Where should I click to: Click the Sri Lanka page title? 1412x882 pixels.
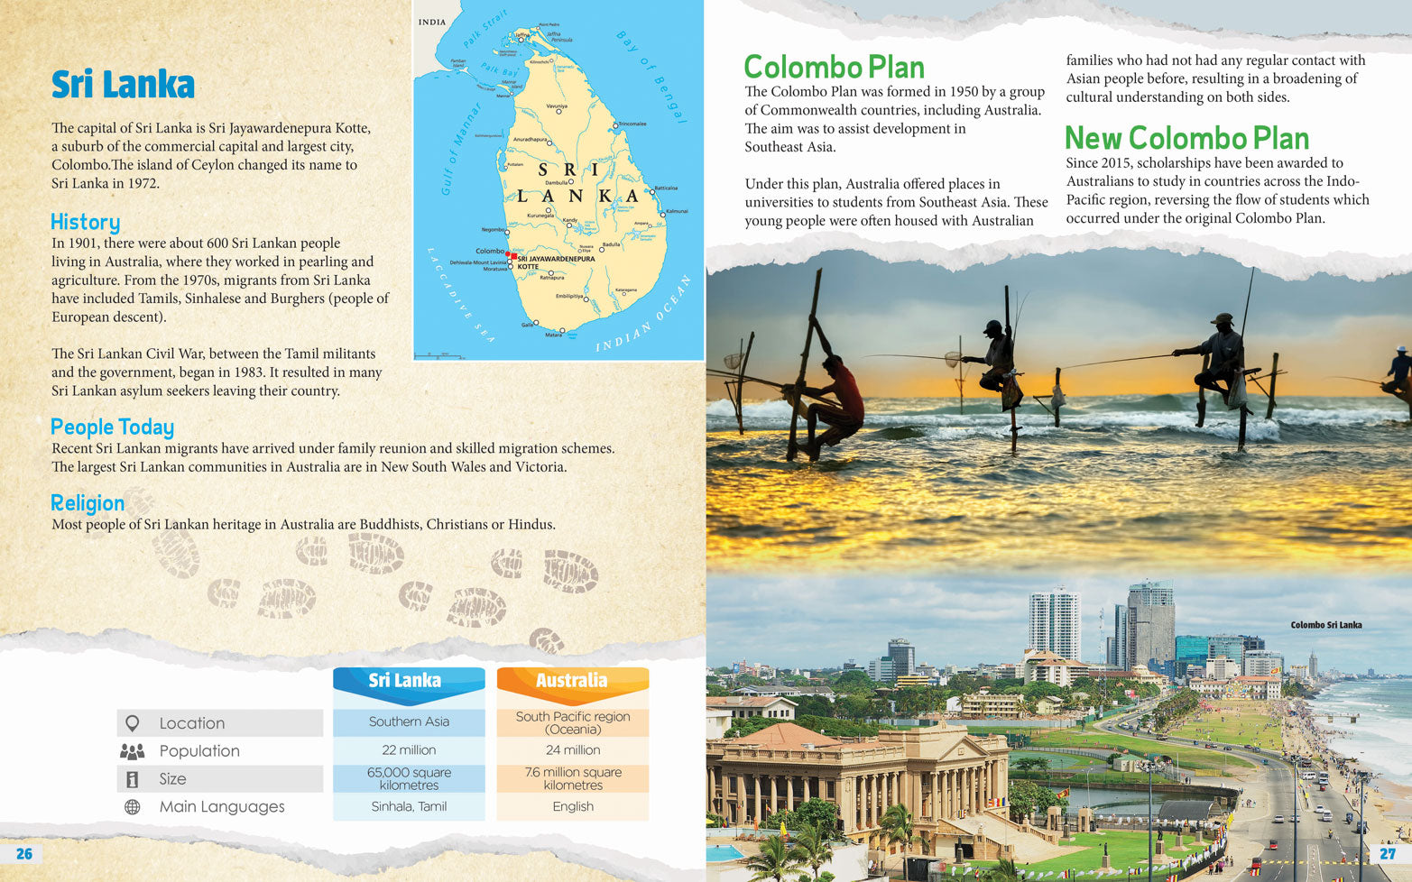click(x=123, y=85)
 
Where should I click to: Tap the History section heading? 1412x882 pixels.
click(x=85, y=222)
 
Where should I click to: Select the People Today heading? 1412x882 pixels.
click(x=112, y=427)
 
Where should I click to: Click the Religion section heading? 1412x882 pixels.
click(x=88, y=503)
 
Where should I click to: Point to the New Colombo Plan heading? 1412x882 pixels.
click(x=1186, y=138)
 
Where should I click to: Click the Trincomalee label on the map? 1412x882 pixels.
click(x=632, y=124)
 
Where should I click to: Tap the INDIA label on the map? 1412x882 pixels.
click(x=432, y=22)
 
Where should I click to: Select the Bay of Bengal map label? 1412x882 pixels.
click(x=651, y=77)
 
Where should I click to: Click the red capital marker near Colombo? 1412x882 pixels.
click(x=512, y=256)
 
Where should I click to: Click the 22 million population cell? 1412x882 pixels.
click(x=409, y=750)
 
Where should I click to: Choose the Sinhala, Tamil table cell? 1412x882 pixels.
click(x=409, y=806)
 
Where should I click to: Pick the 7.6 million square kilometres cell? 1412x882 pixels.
click(x=573, y=778)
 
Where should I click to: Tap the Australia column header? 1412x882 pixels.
click(x=572, y=681)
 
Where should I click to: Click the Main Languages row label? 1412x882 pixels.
click(x=222, y=807)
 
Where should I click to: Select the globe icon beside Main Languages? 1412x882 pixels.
click(x=133, y=807)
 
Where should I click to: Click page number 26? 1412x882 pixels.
click(x=24, y=854)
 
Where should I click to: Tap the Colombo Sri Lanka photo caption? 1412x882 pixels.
click(x=1325, y=625)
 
